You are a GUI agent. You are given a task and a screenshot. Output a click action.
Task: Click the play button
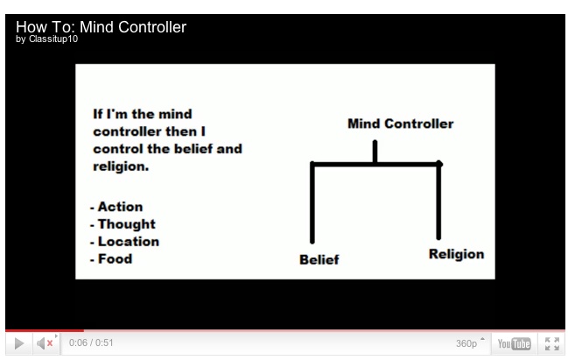19,343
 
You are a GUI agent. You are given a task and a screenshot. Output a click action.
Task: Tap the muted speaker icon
45,343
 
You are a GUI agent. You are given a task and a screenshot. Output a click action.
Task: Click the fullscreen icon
552,343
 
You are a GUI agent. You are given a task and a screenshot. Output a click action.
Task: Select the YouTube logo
514,343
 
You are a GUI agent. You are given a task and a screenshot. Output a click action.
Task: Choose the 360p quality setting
466,343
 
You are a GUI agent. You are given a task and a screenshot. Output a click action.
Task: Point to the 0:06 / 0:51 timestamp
91,342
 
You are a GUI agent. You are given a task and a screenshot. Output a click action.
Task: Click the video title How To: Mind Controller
101,27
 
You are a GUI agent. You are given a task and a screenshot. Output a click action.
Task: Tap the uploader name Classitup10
53,39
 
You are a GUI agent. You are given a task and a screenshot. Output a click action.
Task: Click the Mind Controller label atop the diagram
400,124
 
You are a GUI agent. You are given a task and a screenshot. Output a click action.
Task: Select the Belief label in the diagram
319,259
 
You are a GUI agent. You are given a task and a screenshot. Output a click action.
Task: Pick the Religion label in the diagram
456,254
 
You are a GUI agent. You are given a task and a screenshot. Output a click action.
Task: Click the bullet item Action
120,207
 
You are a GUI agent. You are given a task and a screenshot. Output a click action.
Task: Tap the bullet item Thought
127,224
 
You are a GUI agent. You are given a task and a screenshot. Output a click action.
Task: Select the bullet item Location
129,242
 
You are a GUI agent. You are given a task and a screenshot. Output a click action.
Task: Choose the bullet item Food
116,259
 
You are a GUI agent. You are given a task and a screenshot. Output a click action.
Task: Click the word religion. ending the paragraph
121,166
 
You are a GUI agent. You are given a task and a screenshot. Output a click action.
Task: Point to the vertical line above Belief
312,202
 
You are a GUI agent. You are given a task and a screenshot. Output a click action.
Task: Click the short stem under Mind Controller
375,152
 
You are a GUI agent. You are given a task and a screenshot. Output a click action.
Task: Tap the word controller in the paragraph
127,131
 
